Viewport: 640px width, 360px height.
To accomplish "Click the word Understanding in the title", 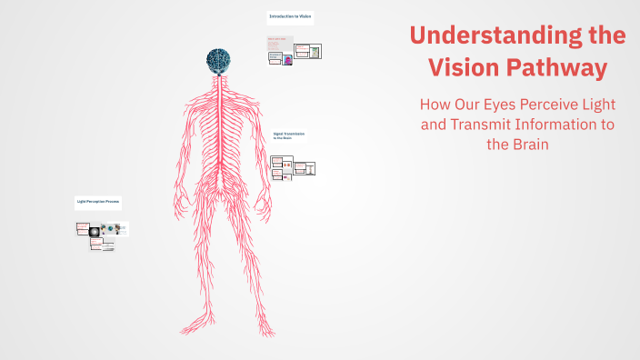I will point(492,36).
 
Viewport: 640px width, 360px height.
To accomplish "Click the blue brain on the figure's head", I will point(217,59).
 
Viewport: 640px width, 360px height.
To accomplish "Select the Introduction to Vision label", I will point(290,17).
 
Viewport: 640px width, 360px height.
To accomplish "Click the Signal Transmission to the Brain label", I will point(289,135).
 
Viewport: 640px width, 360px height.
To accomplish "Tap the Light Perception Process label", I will point(97,201).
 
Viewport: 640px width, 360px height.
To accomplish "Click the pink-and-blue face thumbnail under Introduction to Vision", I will point(287,59).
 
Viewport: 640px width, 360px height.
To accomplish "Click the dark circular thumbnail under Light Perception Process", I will point(94,231).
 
